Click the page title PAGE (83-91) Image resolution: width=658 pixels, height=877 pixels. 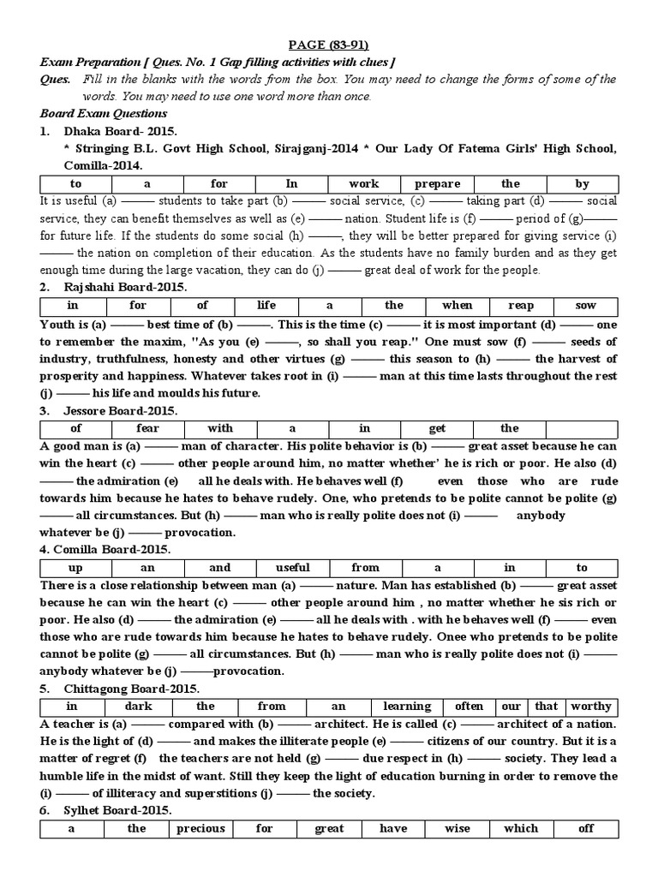329,45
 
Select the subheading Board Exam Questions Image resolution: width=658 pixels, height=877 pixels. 104,113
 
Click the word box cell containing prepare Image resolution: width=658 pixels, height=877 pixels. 437,183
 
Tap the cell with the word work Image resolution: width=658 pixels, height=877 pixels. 364,183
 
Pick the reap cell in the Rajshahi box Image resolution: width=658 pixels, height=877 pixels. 521,305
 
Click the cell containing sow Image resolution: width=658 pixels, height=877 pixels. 585,305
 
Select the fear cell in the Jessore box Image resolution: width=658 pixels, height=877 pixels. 147,428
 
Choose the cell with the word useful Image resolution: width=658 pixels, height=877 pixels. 293,567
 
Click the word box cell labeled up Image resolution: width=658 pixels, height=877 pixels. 75,567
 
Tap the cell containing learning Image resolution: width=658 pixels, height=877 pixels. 406,707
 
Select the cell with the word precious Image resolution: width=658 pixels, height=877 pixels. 200,828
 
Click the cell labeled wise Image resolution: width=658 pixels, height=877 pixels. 458,828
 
